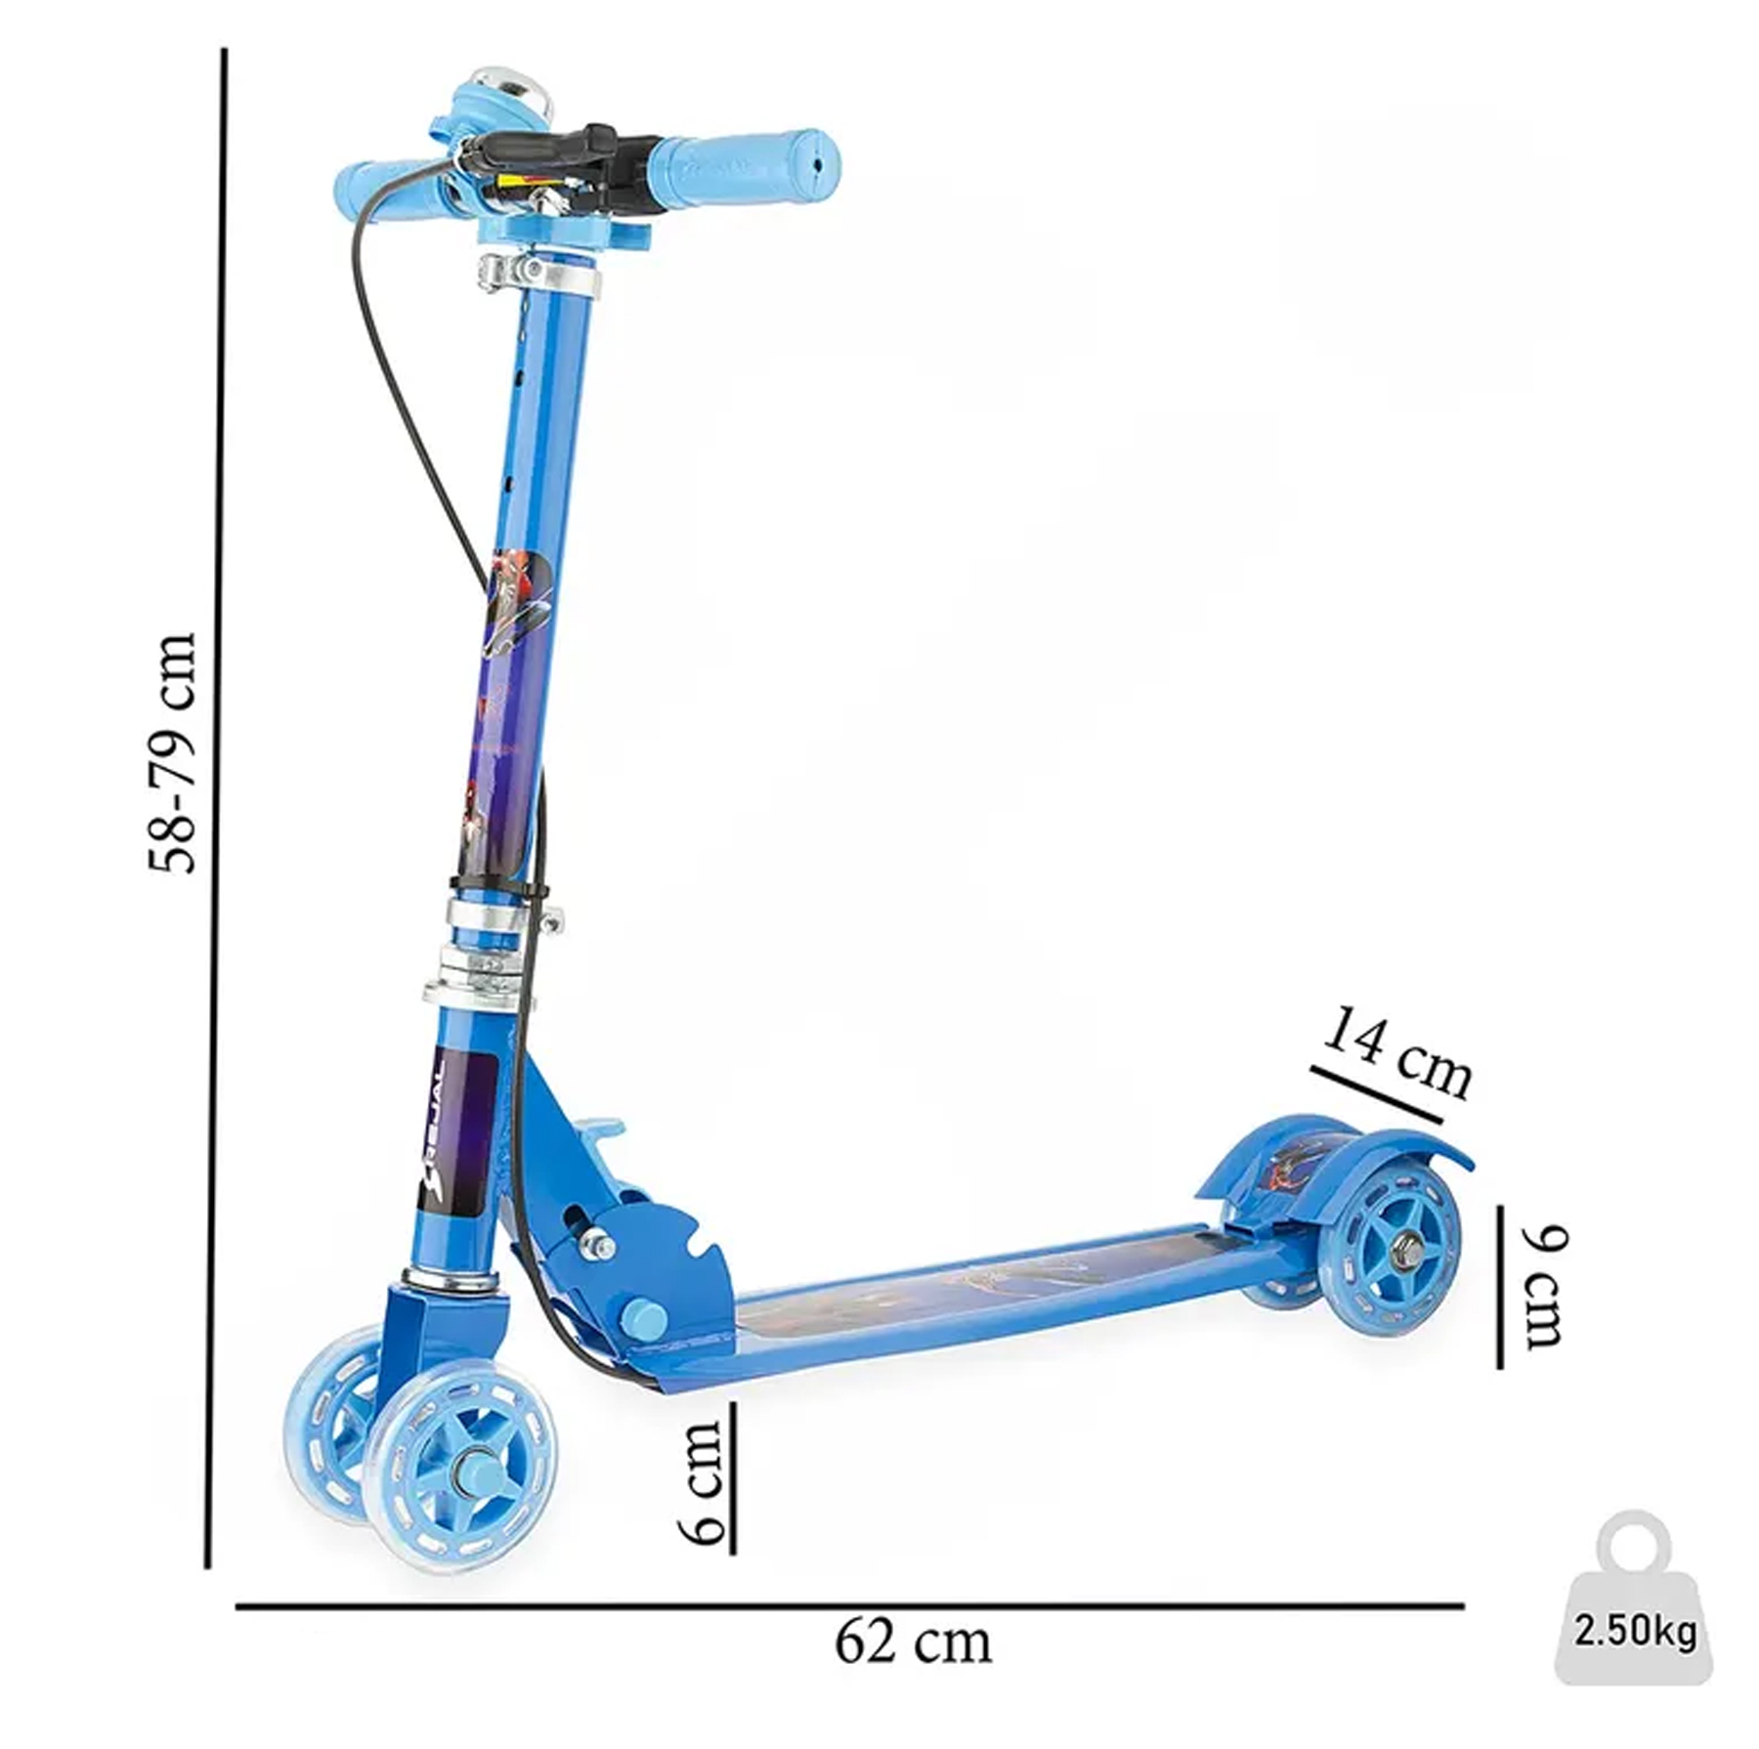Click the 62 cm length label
[913, 1642]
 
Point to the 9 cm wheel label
[1543, 1287]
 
